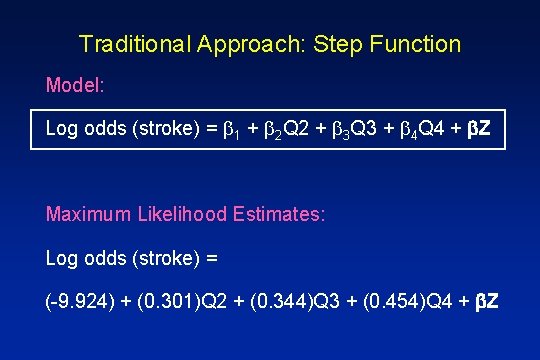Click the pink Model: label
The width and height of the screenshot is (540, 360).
[75, 85]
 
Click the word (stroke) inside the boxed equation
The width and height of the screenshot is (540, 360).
[152, 130]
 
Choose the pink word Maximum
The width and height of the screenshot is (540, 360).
[88, 214]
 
